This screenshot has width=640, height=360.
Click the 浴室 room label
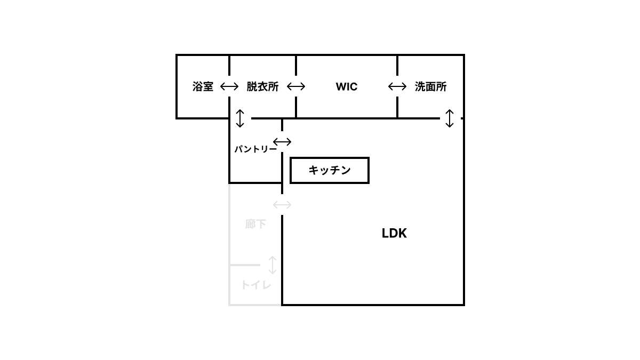pyautogui.click(x=203, y=86)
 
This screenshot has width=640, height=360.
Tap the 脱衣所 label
pyautogui.click(x=262, y=86)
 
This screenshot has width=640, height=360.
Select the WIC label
pyautogui.click(x=347, y=86)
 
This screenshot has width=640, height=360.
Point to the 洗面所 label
pyautogui.click(x=430, y=86)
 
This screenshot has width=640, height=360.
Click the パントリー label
pyautogui.click(x=255, y=149)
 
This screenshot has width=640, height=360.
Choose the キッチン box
pyautogui.click(x=330, y=170)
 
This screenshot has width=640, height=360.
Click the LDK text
pyautogui.click(x=394, y=233)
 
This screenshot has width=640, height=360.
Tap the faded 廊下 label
pyautogui.click(x=255, y=224)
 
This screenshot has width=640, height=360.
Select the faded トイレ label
pyautogui.click(x=255, y=285)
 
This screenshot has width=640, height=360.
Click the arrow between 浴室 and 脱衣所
pyautogui.click(x=229, y=86)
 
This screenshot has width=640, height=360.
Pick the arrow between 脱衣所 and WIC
pyautogui.click(x=296, y=86)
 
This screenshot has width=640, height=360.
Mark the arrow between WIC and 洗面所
pyautogui.click(x=397, y=86)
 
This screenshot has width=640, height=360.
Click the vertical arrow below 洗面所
pyautogui.click(x=450, y=118)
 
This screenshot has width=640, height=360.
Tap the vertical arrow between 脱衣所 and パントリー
pyautogui.click(x=240, y=118)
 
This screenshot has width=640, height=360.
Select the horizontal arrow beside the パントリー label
pyautogui.click(x=282, y=142)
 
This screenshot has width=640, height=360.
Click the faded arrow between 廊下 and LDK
pyautogui.click(x=282, y=205)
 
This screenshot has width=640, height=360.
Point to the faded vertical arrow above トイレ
pyautogui.click(x=273, y=265)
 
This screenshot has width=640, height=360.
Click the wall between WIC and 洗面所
pyautogui.click(x=397, y=107)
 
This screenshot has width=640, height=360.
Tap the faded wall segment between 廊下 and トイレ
pyautogui.click(x=244, y=265)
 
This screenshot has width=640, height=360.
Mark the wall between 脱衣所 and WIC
pyautogui.click(x=296, y=107)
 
